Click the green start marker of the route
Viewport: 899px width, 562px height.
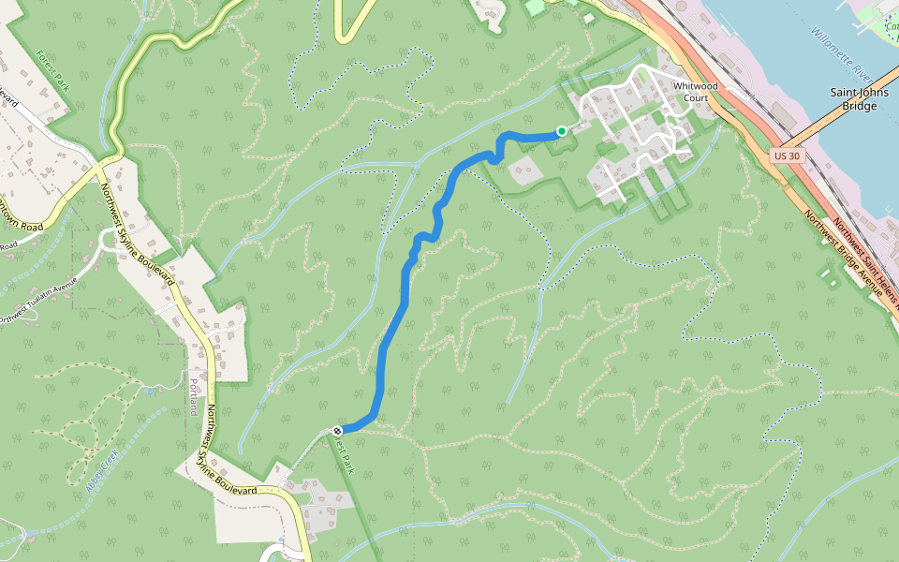click(x=561, y=130)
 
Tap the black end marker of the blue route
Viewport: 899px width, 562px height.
click(x=337, y=431)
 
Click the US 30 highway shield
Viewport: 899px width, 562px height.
click(x=788, y=156)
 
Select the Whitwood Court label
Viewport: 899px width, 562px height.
click(x=695, y=92)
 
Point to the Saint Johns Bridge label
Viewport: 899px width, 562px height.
click(x=853, y=99)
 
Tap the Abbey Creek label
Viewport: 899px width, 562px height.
click(x=97, y=471)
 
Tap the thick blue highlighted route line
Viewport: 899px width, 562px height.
click(x=393, y=328)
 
